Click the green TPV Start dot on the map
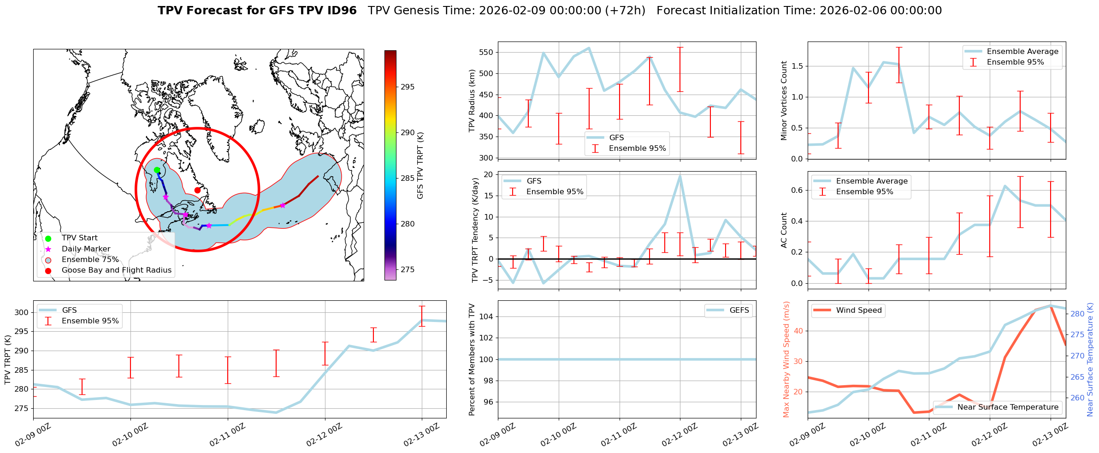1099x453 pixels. [x=157, y=170]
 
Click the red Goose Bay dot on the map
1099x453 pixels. [x=197, y=190]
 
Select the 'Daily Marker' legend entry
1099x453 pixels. [x=86, y=249]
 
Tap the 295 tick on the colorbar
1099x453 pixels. [x=407, y=87]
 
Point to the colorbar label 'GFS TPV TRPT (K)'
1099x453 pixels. [x=420, y=166]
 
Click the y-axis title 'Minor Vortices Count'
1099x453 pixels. [x=784, y=101]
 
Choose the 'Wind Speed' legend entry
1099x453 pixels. [x=859, y=310]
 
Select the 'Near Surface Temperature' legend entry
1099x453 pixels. [x=1008, y=407]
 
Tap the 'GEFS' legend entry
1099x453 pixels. [x=739, y=310]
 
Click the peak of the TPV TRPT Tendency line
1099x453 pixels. [x=680, y=176]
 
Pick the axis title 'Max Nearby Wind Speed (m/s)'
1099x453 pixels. [x=786, y=359]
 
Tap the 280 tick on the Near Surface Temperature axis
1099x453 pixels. [x=1077, y=314]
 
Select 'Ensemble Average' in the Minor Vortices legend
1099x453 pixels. [x=1022, y=52]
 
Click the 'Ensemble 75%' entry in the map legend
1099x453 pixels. [x=90, y=260]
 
